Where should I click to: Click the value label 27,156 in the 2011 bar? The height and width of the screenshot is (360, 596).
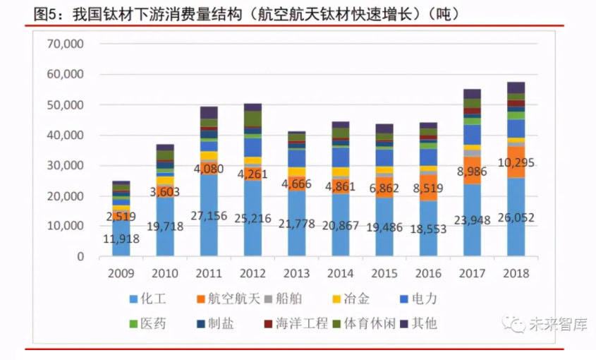(209, 216)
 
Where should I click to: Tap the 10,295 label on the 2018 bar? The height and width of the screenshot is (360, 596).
(515, 163)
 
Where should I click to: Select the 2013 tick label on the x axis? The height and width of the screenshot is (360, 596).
(296, 272)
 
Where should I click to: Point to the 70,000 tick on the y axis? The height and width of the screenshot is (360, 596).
(65, 44)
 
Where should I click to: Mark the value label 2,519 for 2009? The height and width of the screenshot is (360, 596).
(121, 217)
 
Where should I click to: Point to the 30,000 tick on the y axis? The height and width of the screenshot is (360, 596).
(65, 165)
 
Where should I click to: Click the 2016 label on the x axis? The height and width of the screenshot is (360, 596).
(428, 272)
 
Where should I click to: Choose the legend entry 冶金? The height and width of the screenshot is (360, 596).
(358, 299)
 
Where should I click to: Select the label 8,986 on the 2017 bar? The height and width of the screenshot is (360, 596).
(472, 171)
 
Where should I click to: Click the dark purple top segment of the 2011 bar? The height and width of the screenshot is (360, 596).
(209, 112)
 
